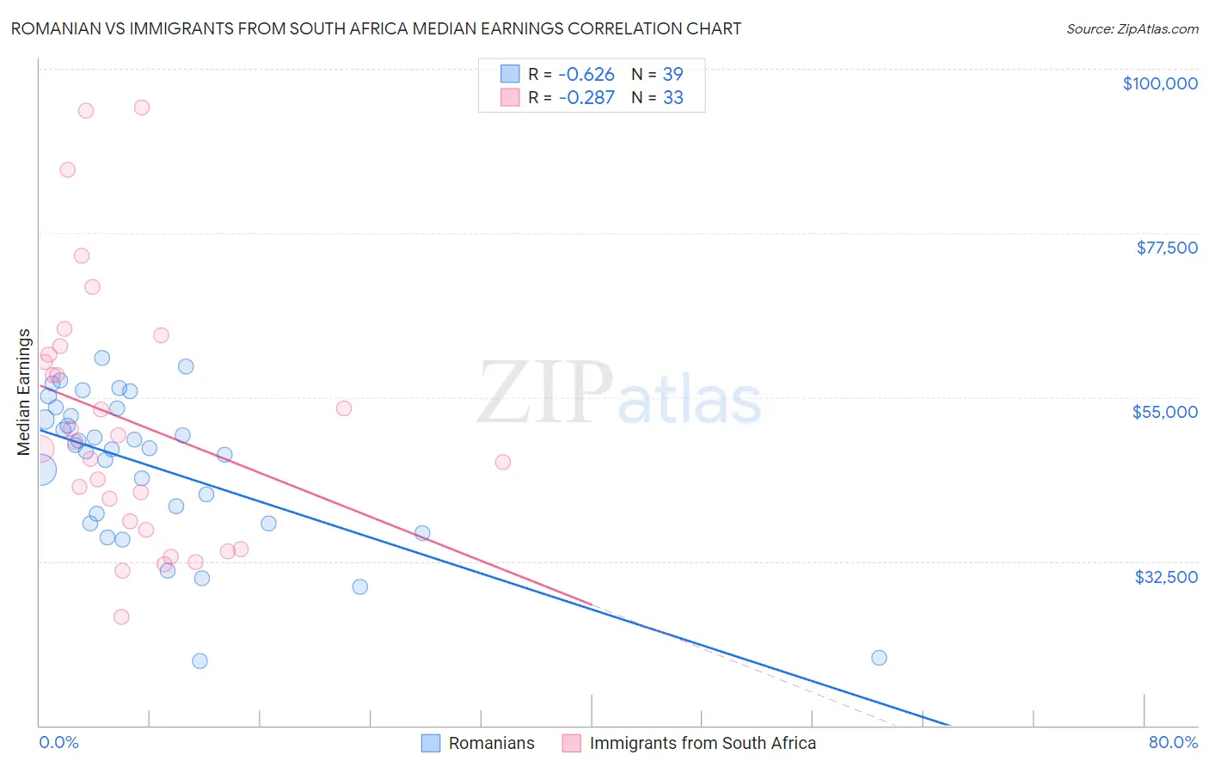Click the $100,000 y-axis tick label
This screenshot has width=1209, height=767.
click(1159, 83)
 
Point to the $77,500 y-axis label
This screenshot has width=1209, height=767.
click(1166, 248)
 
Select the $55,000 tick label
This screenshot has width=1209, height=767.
click(1164, 412)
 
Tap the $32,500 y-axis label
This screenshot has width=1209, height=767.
click(1165, 577)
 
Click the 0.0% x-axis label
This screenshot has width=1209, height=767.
click(58, 742)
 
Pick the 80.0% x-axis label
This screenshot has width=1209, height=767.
click(1173, 742)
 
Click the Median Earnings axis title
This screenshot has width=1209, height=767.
click(24, 392)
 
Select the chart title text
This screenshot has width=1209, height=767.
click(376, 28)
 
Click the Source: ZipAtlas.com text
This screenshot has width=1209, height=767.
click(1132, 29)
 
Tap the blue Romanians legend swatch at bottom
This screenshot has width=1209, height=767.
click(431, 743)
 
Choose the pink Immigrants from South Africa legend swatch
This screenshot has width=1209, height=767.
click(572, 743)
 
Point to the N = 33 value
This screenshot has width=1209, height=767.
click(658, 98)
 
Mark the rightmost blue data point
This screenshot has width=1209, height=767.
click(879, 658)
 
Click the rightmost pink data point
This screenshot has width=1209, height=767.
click(503, 463)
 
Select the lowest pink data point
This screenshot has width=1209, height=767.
click(121, 617)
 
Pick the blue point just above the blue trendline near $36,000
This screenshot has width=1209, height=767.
click(422, 533)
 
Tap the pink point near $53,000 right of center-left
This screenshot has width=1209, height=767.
click(344, 408)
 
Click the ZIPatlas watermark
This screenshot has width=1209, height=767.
click(619, 395)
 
